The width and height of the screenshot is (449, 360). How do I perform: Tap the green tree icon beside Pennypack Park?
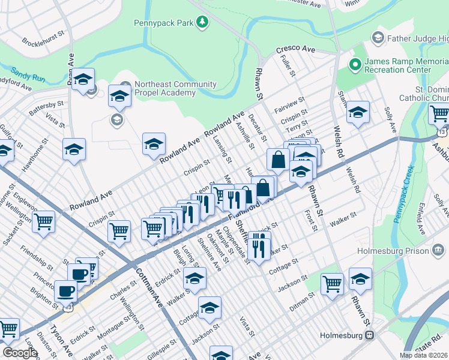(x=203, y=23)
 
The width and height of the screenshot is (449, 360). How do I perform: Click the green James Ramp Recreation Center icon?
(x=354, y=63)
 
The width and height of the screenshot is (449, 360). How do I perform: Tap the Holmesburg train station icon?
(x=370, y=335)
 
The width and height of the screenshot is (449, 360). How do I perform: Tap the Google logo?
(x=20, y=353)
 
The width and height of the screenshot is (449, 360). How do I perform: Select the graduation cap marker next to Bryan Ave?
(x=83, y=79)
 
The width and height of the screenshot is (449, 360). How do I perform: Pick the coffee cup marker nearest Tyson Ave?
(x=65, y=290)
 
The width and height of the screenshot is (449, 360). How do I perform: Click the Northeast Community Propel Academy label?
(x=165, y=88)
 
